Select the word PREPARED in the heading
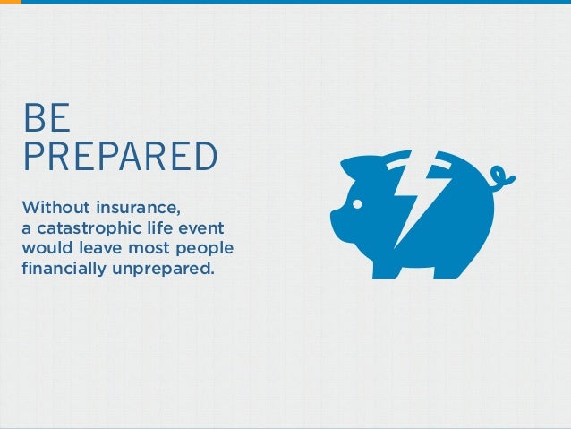click(120, 156)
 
